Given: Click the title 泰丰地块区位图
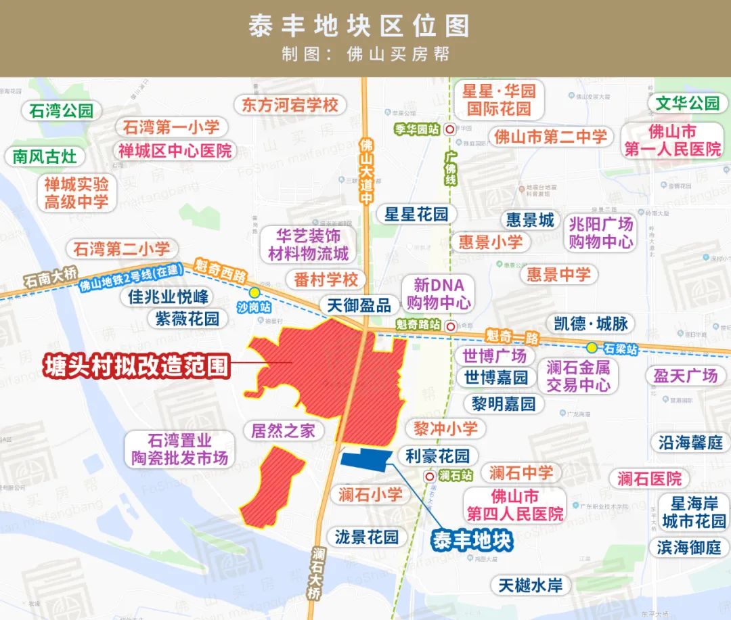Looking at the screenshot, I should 359,26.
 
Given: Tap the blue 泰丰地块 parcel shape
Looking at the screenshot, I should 366,458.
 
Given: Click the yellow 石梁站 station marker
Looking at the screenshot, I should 592,348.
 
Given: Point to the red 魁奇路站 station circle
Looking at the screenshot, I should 451,326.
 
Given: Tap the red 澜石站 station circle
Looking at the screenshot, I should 428,476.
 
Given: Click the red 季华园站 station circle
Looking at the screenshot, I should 449,129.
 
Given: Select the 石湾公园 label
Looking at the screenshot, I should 61,111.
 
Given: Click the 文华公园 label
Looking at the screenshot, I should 687,104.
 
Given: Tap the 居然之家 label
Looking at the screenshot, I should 283,431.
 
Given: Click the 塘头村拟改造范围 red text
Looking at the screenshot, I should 135,367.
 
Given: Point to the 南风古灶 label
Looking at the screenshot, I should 45,156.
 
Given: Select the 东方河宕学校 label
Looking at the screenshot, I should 290,106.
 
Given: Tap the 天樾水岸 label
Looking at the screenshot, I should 531,585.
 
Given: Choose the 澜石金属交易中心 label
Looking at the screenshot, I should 578,376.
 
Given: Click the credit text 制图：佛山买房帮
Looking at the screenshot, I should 365,54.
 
